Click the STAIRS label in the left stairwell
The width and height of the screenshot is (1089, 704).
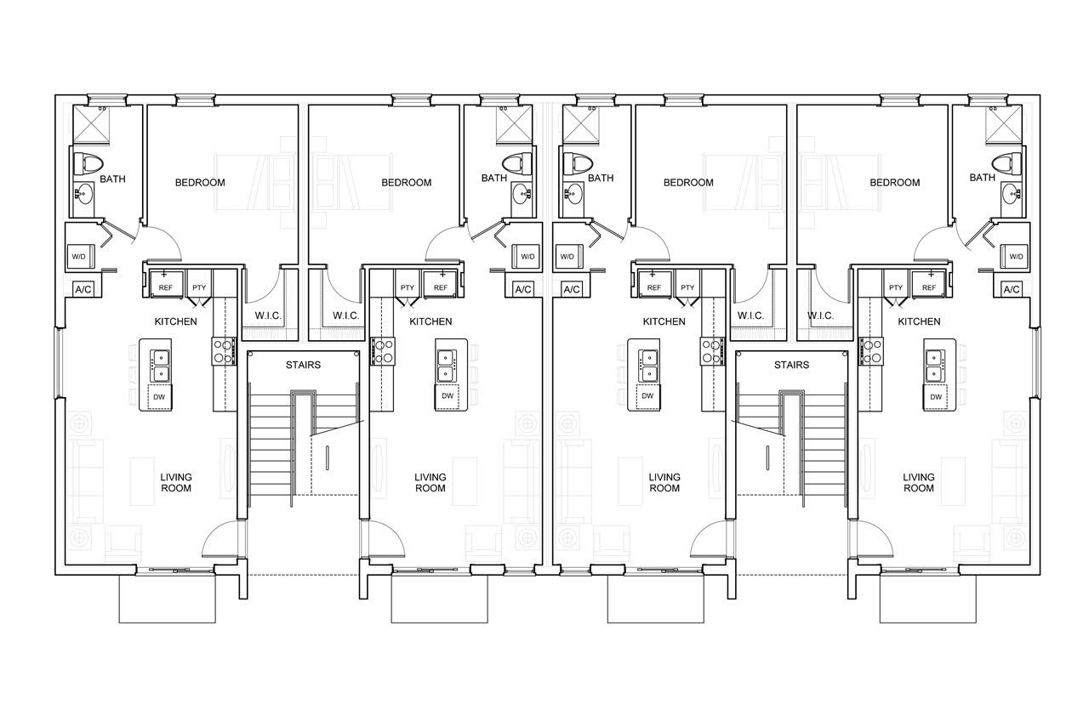point(303,365)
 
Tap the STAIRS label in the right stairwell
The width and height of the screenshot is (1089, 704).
point(791,365)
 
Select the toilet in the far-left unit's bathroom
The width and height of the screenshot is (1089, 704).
point(87,163)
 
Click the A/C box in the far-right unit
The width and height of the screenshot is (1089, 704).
point(1012,290)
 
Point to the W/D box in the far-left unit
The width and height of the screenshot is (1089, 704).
point(80,256)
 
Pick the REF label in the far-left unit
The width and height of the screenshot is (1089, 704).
point(165,287)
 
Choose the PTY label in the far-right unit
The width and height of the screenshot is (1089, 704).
point(896,287)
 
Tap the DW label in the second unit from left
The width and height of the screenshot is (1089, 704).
point(448,396)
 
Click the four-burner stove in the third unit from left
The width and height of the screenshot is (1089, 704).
point(712,352)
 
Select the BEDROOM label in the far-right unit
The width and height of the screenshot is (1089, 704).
point(894,183)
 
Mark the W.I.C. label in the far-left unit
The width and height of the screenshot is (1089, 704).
point(268,315)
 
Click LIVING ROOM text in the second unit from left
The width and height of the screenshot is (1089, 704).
point(430,482)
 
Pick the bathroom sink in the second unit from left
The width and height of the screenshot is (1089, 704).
point(522,194)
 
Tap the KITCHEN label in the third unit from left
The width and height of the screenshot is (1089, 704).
point(664,321)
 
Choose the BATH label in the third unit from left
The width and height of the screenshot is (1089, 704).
point(601,179)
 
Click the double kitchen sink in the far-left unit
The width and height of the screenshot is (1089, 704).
point(160,366)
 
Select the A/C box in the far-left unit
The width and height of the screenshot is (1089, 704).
point(83,290)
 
